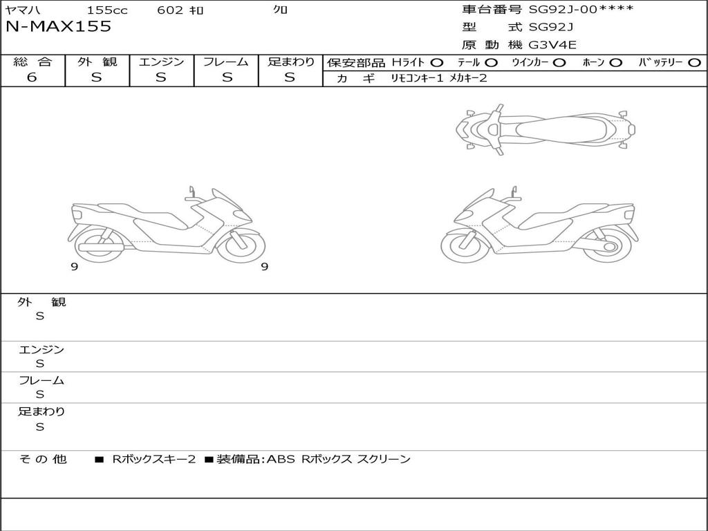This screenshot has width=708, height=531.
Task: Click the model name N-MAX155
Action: point(58,26)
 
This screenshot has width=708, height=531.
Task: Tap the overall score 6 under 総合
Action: point(32,77)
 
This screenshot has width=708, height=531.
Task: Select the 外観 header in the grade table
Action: point(97,62)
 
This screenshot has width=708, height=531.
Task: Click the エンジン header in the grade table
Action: point(161,62)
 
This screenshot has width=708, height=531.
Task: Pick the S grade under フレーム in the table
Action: point(227,77)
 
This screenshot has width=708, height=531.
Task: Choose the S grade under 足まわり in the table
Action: point(290,77)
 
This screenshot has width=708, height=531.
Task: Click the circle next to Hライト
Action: point(437,63)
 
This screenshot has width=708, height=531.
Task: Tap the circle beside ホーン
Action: point(615,63)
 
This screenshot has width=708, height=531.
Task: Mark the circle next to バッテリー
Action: point(695,63)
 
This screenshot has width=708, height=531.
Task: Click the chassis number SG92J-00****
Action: point(581,10)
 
